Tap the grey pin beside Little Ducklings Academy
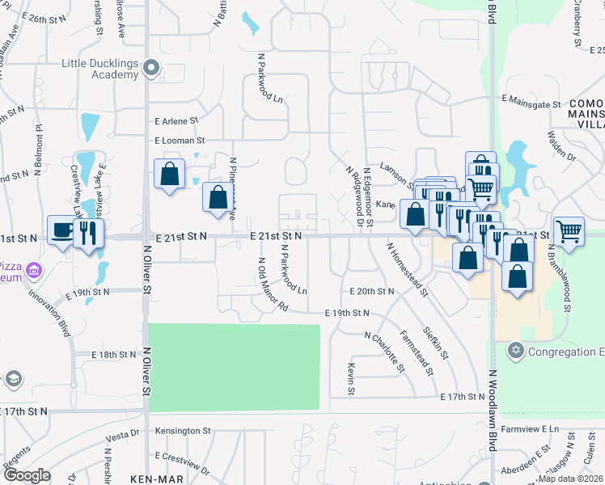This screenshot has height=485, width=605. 151,69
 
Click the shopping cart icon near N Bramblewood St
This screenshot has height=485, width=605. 569,232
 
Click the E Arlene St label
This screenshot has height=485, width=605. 176,121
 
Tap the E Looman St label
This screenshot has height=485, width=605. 178,141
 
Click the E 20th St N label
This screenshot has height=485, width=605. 371,291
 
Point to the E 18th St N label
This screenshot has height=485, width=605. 114,355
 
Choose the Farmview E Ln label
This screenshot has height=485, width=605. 530,428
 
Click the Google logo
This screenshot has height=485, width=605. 27,475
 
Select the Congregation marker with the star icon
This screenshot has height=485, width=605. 514,351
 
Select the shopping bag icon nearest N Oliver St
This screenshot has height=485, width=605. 169,174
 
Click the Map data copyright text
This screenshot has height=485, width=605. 570,479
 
